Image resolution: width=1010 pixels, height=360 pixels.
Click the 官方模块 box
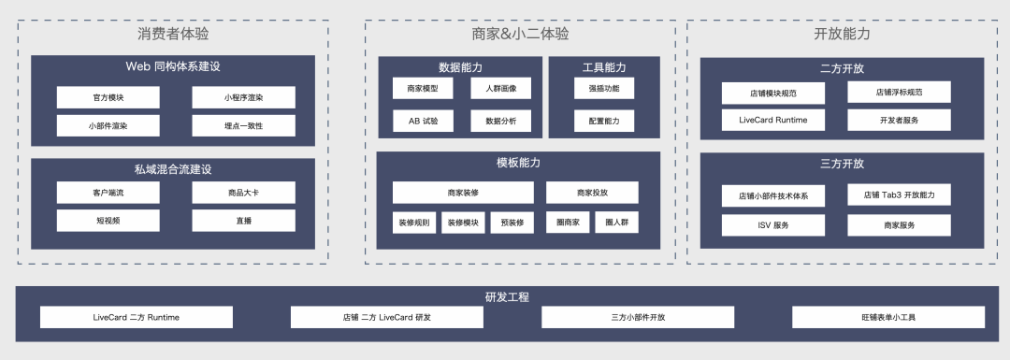pos(108,97)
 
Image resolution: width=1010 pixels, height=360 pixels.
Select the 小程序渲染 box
pos(243,97)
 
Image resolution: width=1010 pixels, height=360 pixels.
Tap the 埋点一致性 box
pos(243,125)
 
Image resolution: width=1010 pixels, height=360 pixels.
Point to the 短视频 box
pos(108,221)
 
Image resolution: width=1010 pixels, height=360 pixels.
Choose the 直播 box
pos(243,221)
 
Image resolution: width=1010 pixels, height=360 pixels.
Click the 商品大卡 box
pos(243,193)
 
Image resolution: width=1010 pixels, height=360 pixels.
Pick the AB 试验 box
pos(423,121)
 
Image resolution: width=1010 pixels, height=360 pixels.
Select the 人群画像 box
pos(500,89)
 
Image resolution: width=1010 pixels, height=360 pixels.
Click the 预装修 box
pos(512,223)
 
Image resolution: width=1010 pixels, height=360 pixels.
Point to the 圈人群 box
pos(616,223)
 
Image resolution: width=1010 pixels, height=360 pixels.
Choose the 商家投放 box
pos(592,193)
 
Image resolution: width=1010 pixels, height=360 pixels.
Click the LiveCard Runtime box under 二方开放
pos(772,120)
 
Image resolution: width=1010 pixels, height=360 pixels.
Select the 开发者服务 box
pos(899,120)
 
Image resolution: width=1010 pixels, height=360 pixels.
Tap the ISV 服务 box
pos(772,225)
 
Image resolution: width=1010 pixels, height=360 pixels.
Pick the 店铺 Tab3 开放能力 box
pos(899,195)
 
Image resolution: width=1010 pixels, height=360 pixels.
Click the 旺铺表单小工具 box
pos(887,317)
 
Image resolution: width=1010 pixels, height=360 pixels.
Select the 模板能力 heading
pos(518,163)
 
